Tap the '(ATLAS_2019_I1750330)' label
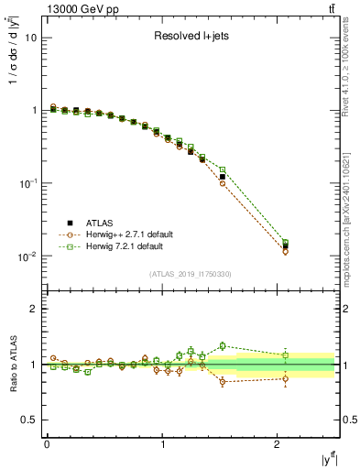[191, 273]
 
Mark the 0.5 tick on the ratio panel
[29, 420]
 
